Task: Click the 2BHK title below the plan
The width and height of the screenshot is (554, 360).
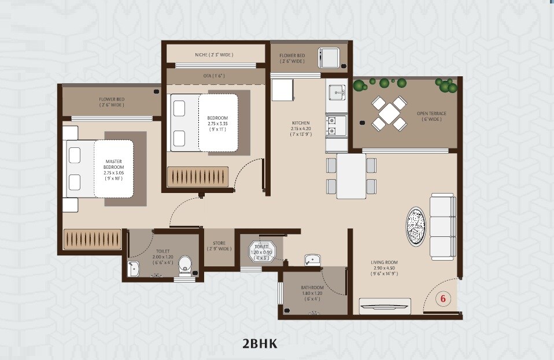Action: pos(260,344)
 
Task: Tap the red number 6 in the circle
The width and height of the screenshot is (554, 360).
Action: pos(443,299)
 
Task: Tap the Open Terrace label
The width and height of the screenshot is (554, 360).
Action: pos(431,116)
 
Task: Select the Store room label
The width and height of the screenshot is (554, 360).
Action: pos(219,246)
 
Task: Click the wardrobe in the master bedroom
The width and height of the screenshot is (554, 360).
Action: pos(93,238)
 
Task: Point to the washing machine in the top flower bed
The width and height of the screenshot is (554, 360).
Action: pos(328,58)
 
